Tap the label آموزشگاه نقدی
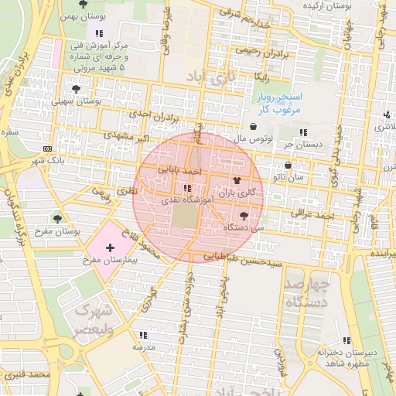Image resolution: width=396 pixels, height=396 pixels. point(183,200)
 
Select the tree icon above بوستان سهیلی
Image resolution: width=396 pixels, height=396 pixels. point(75,89)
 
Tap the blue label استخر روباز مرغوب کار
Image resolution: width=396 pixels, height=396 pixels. point(280,104)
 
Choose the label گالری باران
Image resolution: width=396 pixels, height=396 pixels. point(237,192)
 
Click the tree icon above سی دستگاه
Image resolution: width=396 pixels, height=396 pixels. point(245,217)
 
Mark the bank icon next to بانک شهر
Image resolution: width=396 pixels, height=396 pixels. point(49,148)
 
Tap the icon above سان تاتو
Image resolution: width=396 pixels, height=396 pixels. point(288,165)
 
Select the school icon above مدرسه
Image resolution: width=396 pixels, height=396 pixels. point(142,335)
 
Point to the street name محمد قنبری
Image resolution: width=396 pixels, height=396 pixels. point(26,374)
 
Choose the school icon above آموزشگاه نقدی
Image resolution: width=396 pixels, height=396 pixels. point(186,188)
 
